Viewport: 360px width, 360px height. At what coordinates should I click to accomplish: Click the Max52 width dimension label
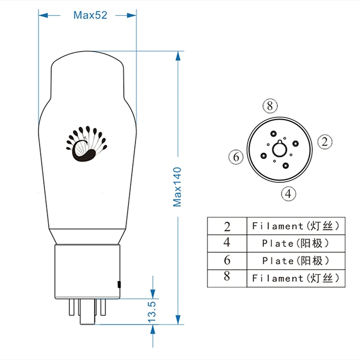[x=90, y=15]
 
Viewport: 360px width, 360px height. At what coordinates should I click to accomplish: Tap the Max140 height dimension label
[x=177, y=187]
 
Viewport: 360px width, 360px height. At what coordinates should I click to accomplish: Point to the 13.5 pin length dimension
[x=152, y=312]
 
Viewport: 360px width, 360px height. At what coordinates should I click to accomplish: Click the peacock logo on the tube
[x=86, y=144]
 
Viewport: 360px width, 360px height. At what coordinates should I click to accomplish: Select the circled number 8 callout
[x=270, y=106]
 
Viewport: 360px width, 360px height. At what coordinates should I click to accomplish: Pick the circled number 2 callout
[x=325, y=141]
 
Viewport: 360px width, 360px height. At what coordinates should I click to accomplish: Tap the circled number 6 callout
[x=236, y=157]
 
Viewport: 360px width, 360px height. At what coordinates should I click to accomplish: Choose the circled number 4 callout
[x=288, y=194]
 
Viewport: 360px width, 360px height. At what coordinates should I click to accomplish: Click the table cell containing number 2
[x=227, y=226]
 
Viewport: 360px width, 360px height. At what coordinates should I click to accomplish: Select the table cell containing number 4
[x=227, y=243]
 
